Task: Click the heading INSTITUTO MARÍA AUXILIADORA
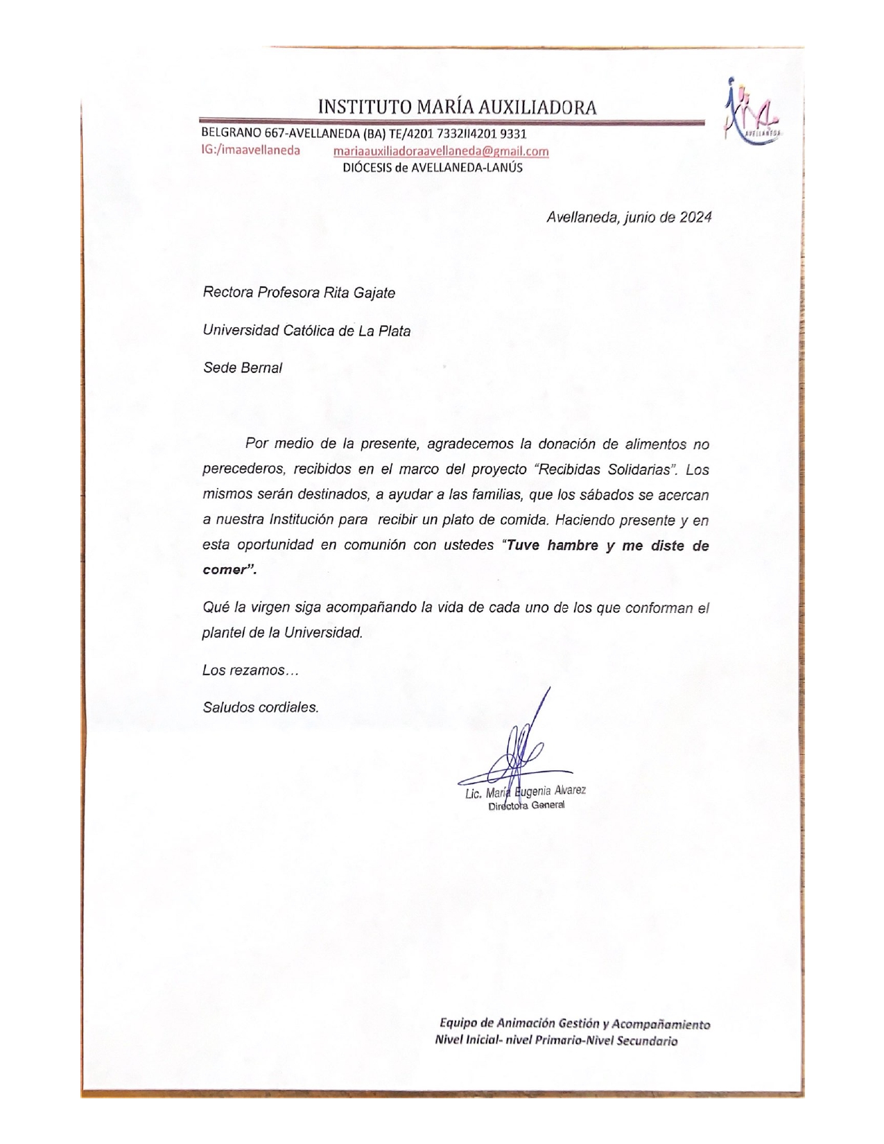pyautogui.click(x=457, y=107)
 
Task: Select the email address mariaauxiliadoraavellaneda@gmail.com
pyautogui.click(x=441, y=151)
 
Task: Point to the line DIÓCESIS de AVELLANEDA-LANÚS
pyautogui.click(x=433, y=168)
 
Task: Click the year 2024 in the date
pyautogui.click(x=695, y=217)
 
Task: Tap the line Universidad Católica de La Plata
pyautogui.click(x=306, y=331)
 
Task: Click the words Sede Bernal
pyautogui.click(x=242, y=368)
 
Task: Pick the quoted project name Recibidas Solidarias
pyautogui.click(x=607, y=469)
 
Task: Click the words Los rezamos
pyautogui.click(x=250, y=670)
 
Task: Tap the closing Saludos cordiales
pyautogui.click(x=261, y=708)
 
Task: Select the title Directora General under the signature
pyautogui.click(x=526, y=806)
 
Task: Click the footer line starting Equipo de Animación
pyautogui.click(x=575, y=1024)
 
